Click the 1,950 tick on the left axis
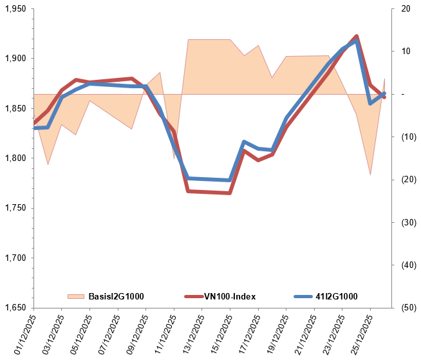[17, 9]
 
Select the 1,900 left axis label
[17, 59]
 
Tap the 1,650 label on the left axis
[17, 307]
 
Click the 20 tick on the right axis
[404, 9]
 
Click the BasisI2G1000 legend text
[116, 296]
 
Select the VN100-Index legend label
[230, 296]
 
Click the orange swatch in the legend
[75, 296]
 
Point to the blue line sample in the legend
[303, 296]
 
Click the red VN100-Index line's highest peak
[357, 36]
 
